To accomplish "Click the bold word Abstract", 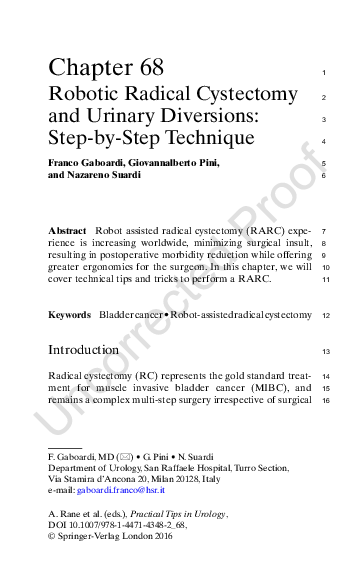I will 68,230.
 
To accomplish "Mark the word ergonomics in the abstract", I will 128,267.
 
